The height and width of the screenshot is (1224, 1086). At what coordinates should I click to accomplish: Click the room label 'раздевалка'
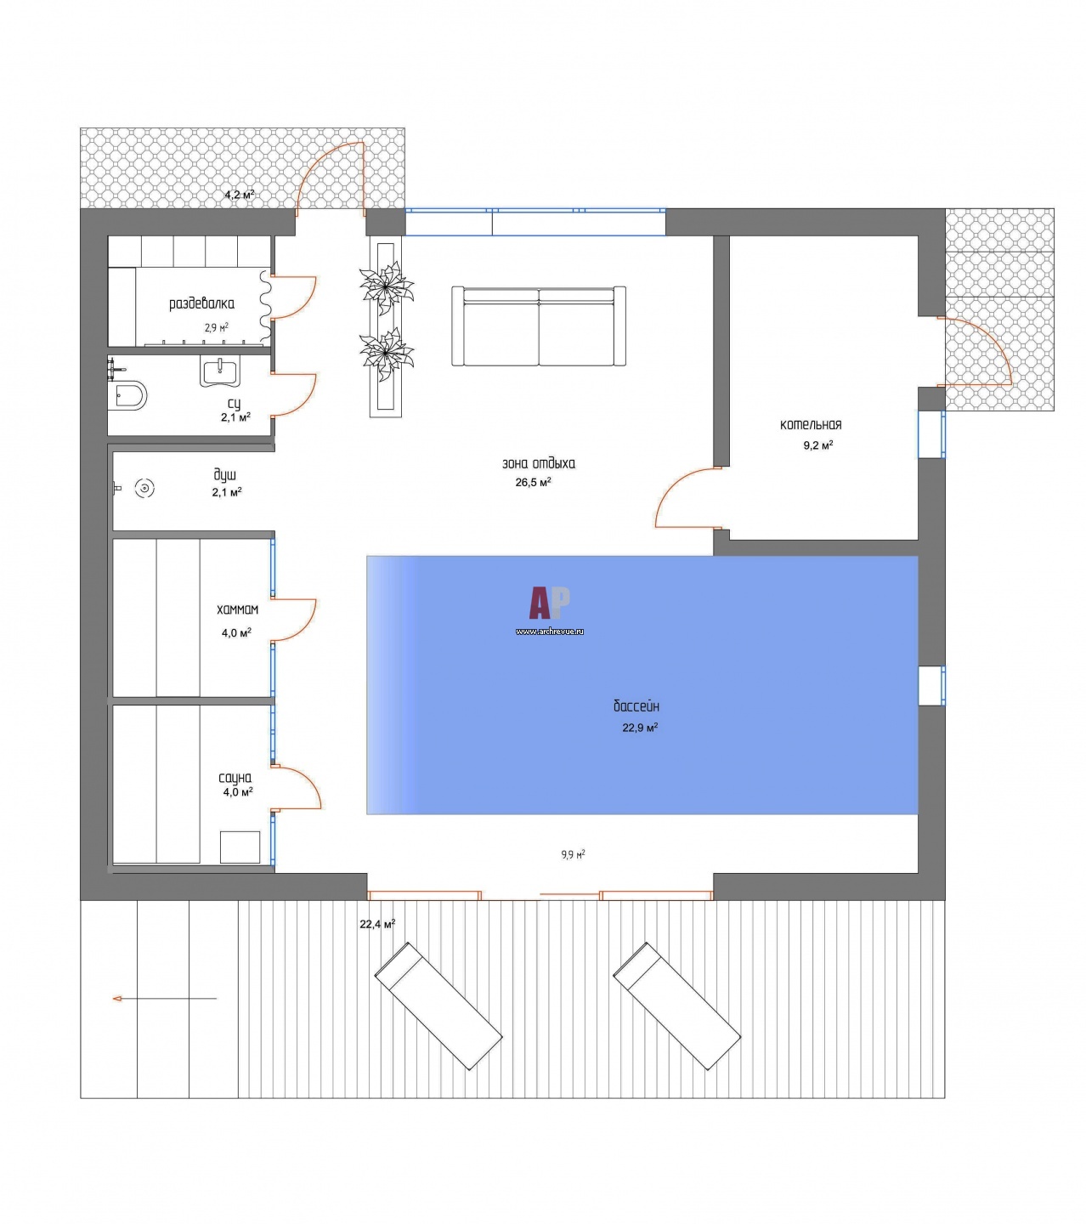point(201,303)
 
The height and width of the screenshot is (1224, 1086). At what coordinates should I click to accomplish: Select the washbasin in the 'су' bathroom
point(220,371)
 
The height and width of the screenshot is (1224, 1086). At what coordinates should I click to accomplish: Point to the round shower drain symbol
point(144,488)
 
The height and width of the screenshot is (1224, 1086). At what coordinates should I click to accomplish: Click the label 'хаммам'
point(237,609)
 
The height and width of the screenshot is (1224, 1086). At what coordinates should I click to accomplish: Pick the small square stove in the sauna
point(240,847)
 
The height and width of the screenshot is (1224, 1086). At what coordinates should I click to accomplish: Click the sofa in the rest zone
point(538,326)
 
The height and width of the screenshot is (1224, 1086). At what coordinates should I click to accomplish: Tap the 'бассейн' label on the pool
point(636,705)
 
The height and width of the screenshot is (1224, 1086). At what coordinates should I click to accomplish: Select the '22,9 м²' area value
point(640,728)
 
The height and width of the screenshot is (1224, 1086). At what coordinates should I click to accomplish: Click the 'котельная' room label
point(811,424)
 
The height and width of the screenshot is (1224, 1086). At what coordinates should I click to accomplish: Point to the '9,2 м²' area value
point(817,445)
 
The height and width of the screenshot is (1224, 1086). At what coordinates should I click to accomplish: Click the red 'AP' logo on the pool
point(550,603)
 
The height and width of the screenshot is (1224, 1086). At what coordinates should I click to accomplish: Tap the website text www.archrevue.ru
point(550,631)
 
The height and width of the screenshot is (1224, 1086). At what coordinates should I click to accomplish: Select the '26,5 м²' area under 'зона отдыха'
point(533,482)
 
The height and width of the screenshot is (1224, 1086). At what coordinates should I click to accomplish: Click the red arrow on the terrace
point(165,999)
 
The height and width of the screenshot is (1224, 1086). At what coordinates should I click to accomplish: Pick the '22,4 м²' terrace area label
point(377,924)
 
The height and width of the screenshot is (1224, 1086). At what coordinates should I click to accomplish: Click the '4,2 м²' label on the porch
point(240,195)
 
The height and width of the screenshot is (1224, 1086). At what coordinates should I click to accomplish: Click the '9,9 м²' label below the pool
point(574,854)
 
